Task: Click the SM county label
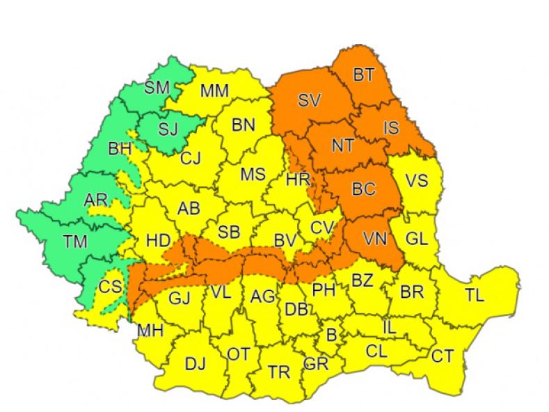pos(157,88)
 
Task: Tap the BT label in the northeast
pos(363,75)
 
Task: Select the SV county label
pos(308,101)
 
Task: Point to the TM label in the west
pos(56,243)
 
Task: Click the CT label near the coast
pos(442,356)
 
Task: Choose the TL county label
pos(475,295)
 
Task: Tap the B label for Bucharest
pos(332,335)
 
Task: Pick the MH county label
pos(150,331)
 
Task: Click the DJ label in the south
pos(196,363)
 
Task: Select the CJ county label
pos(190,159)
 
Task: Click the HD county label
pos(159,241)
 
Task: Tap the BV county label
pos(285,240)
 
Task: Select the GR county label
pos(316,364)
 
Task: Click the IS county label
pos(392,128)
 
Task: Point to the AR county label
pos(96,200)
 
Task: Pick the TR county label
pos(278,372)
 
